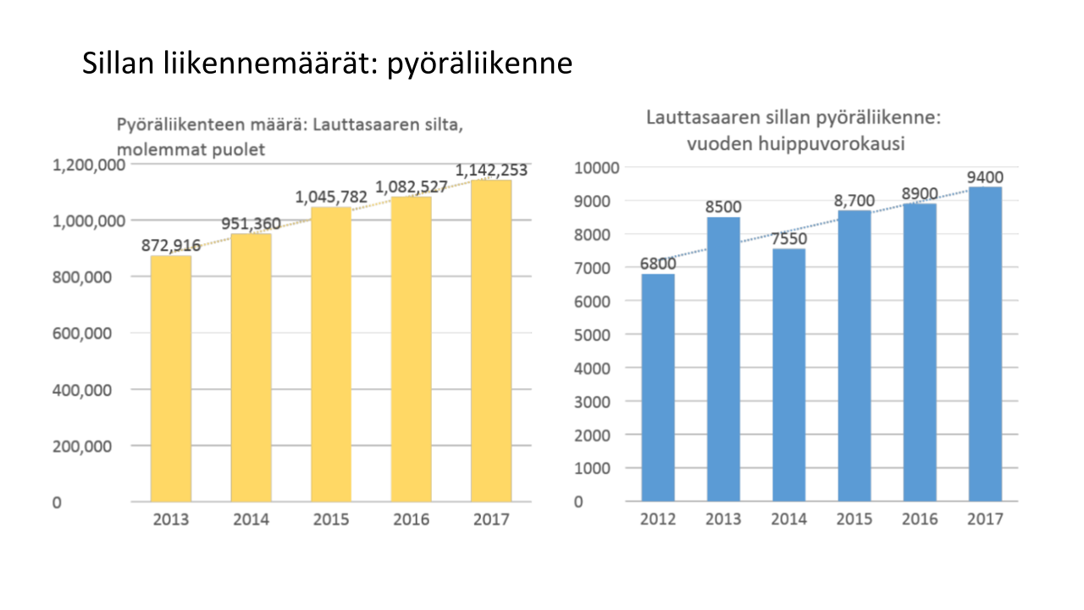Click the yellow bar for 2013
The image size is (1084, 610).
(171, 378)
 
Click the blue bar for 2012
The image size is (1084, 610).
(658, 387)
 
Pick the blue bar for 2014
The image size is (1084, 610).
(788, 374)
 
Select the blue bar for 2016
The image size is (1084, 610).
(919, 352)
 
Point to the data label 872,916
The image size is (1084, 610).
(172, 246)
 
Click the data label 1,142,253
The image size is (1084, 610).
(491, 170)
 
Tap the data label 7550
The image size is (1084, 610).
(788, 238)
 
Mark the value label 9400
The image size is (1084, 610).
(984, 177)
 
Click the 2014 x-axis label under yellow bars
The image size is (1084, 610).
(252, 519)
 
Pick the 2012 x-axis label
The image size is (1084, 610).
(658, 518)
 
